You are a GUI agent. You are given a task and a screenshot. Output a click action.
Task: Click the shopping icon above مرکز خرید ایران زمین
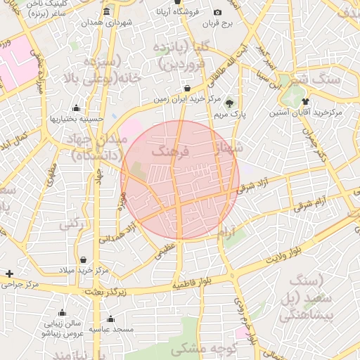(187, 89)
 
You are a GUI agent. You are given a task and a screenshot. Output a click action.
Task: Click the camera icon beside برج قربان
(217, 12)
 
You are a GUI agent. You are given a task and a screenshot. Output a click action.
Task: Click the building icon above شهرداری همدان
(106, 12)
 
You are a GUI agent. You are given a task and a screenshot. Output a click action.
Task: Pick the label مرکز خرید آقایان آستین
(306, 112)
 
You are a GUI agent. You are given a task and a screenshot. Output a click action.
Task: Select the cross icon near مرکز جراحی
(8, 274)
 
